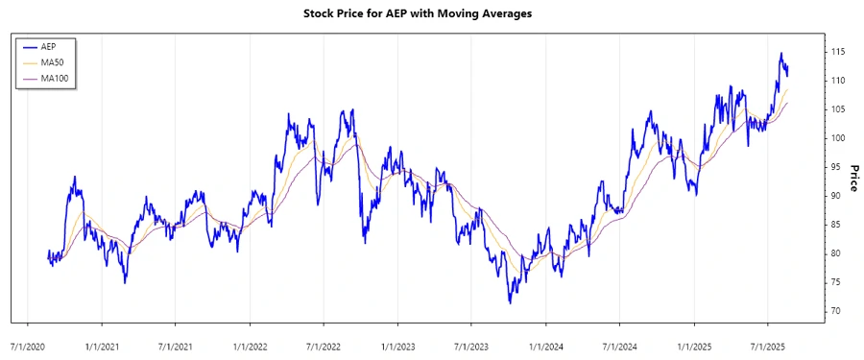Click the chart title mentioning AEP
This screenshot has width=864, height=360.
[x=431, y=13]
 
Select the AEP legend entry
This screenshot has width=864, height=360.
[x=50, y=46]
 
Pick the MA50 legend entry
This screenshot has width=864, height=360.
[x=54, y=61]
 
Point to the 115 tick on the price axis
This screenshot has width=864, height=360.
[x=839, y=51]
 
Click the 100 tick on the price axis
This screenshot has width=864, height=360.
[x=839, y=138]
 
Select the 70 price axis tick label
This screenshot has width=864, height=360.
[x=837, y=311]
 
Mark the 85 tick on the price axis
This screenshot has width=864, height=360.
[x=837, y=225]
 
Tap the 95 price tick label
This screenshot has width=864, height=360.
[x=837, y=167]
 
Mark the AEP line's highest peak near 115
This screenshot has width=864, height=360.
[x=781, y=54]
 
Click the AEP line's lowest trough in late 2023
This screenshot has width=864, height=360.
[x=510, y=303]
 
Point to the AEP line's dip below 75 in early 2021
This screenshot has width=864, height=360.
[x=125, y=282]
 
